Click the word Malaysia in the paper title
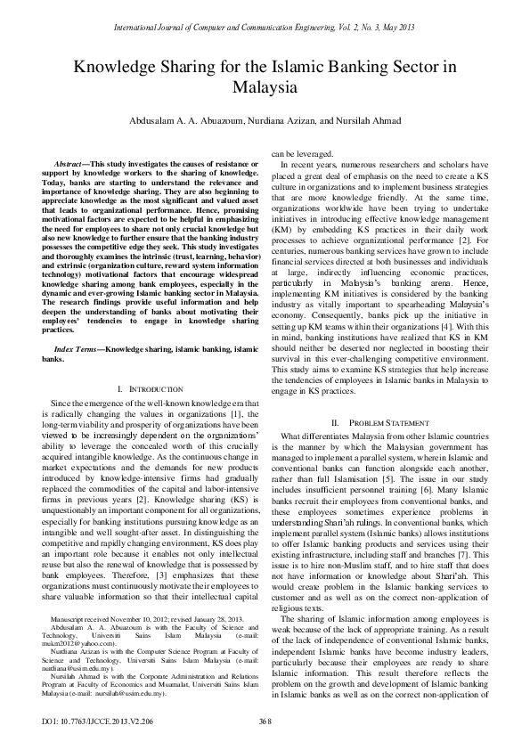coord(265,88)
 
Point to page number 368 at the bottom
coord(265,720)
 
